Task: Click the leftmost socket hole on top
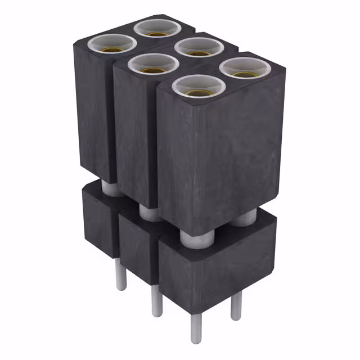[x=113, y=43]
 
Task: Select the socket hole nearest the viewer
[x=199, y=86]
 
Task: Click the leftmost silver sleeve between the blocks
[x=111, y=188]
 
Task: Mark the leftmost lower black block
[x=98, y=219]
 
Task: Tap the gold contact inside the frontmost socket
[x=199, y=92]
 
